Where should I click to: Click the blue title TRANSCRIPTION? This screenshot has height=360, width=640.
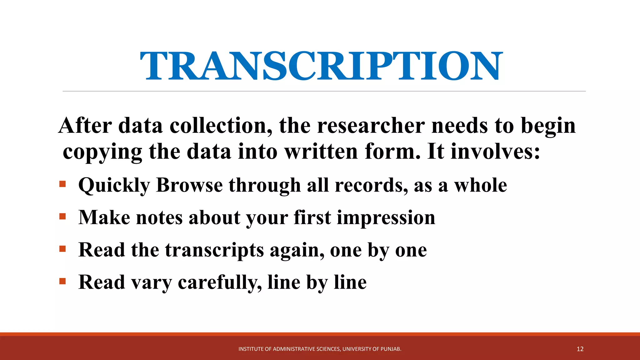point(321,66)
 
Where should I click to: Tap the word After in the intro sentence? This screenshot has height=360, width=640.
point(85,126)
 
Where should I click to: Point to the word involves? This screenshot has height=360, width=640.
point(495,152)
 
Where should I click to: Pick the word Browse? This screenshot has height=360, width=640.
point(189,185)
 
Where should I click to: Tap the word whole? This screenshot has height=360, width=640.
point(480,185)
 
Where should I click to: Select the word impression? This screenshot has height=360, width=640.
point(386,217)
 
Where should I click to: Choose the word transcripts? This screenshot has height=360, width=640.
point(215,250)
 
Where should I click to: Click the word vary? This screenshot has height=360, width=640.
point(152,282)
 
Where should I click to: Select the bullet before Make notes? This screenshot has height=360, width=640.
point(62,216)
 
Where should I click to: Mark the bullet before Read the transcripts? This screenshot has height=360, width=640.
point(62,249)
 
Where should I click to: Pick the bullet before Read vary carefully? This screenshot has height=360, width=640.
point(62,281)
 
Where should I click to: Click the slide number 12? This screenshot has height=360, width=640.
point(580,349)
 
